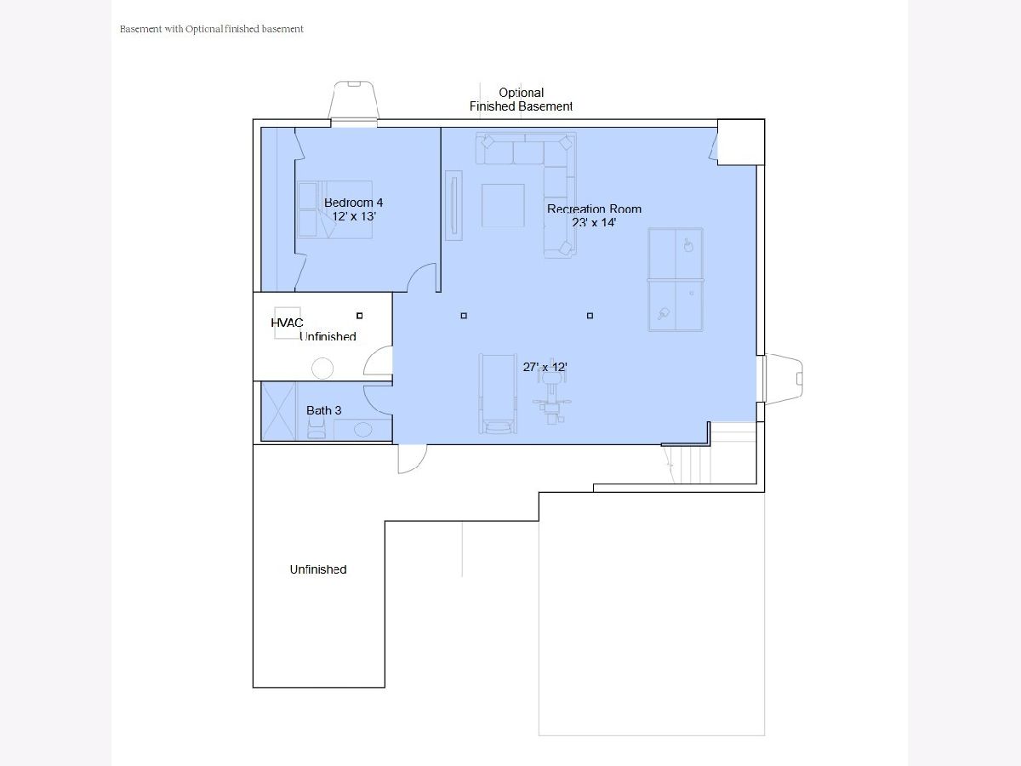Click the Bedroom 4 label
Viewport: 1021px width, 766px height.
tap(353, 203)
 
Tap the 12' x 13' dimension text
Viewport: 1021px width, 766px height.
tap(354, 216)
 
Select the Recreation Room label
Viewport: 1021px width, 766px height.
tap(594, 209)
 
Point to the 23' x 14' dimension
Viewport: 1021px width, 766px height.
tap(594, 222)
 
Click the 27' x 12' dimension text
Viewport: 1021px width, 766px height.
tap(545, 367)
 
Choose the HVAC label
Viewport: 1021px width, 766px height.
tap(287, 323)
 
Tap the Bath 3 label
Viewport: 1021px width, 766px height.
tap(324, 410)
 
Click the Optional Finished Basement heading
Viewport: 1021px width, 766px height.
tap(521, 100)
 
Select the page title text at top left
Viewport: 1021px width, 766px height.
tap(212, 29)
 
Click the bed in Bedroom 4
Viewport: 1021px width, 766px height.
tap(334, 209)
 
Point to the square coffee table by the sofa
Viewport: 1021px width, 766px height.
tap(503, 206)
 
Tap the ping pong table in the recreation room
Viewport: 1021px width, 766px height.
tap(676, 279)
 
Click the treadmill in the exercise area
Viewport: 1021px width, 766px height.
tap(498, 394)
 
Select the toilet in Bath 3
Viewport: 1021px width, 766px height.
tap(317, 427)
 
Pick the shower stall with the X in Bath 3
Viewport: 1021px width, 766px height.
tap(278, 411)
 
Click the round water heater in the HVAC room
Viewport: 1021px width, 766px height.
tap(322, 369)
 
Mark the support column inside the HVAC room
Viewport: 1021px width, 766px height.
tap(360, 316)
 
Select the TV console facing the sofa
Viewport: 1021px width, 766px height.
tap(453, 206)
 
